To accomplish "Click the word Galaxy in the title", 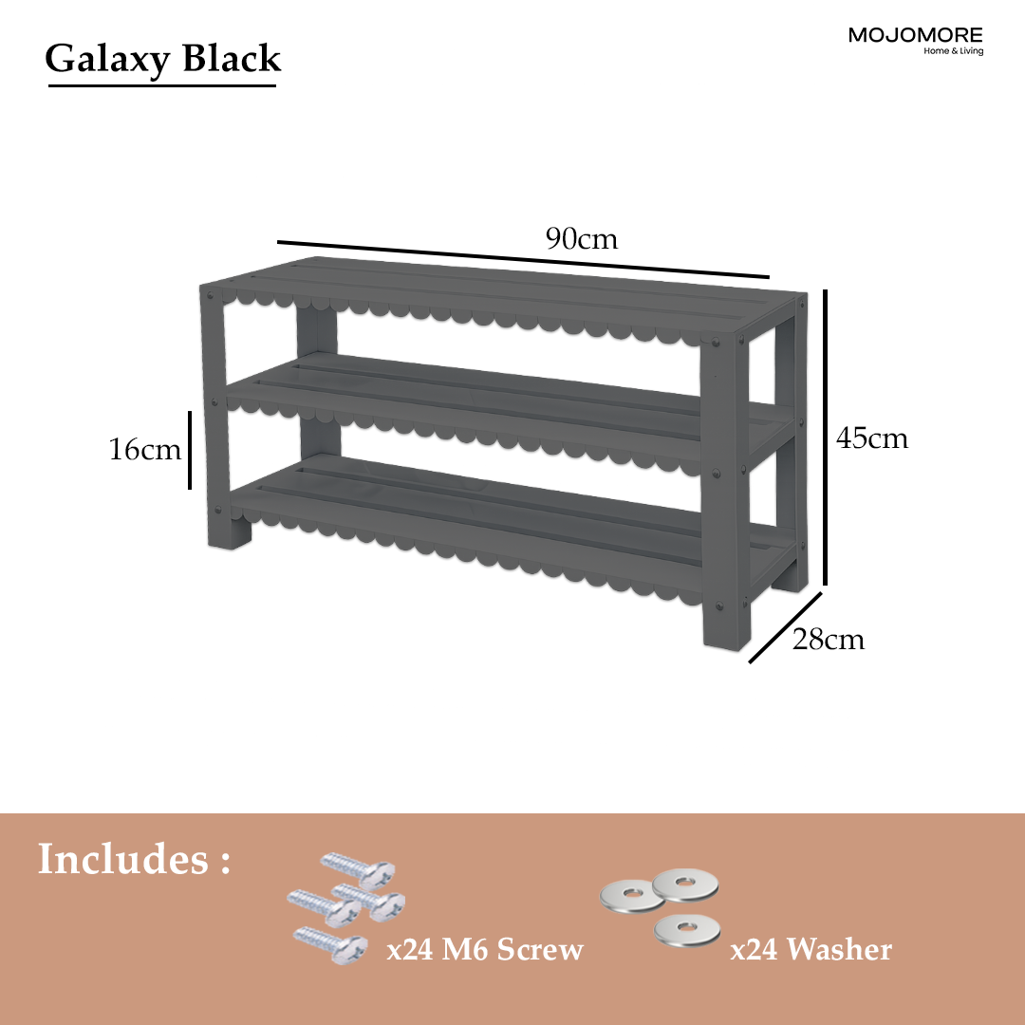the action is coord(107,60).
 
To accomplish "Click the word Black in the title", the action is coord(232,58).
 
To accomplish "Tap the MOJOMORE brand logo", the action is coord(916,40).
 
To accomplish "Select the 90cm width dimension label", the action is coord(582,238).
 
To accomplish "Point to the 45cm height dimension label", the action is coord(872,438).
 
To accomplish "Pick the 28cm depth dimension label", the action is coord(829,639).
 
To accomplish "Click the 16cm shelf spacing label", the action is coord(144,449).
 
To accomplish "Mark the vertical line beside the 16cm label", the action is coord(190,450).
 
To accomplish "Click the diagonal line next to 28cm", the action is coord(785,627).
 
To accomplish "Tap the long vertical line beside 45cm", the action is coord(825,438).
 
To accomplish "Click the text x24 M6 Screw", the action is coord(484,949).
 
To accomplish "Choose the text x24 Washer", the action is coord(811,949).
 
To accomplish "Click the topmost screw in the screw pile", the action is coord(358,867).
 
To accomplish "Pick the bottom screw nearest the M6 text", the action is coord(330,944).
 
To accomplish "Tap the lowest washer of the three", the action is coord(686,929).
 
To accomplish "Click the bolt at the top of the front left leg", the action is coord(210,295).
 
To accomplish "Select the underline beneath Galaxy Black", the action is coord(162,85).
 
